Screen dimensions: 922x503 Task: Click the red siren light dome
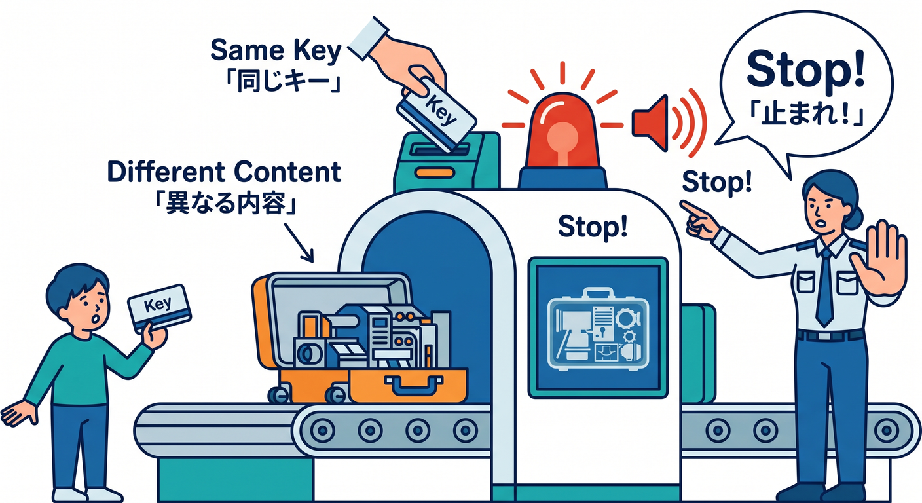coord(562,131)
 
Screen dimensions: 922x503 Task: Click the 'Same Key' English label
coord(276,50)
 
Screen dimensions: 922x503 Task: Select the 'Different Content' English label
coord(224,172)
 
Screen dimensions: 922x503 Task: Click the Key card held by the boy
coord(159,307)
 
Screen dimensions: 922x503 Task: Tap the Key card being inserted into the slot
coord(436,115)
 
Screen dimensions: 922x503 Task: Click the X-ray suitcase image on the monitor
coord(598,329)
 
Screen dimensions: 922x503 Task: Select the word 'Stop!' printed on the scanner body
coord(593,227)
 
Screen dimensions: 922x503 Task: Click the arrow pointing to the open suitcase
coord(299,243)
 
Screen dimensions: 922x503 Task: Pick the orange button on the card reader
coord(435,172)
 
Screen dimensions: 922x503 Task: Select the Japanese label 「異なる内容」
coord(225,203)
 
